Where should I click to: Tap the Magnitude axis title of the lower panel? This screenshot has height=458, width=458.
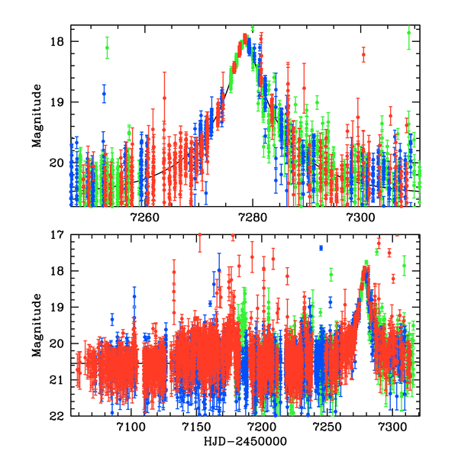click(37, 325)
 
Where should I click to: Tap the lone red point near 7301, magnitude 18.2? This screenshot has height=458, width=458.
click(363, 55)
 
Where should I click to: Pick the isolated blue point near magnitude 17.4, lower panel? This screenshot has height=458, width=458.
click(321, 249)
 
